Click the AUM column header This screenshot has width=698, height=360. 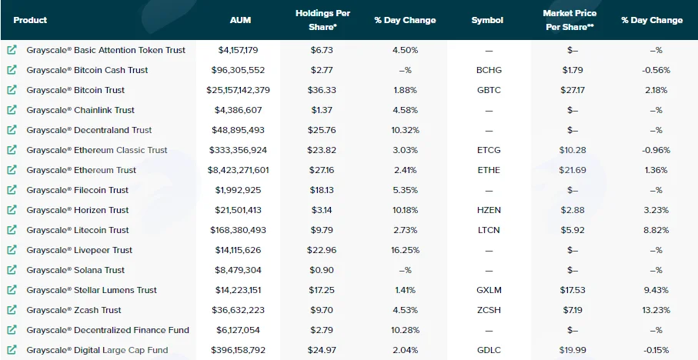point(240,20)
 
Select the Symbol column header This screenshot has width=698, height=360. point(487,20)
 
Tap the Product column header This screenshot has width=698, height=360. point(30,20)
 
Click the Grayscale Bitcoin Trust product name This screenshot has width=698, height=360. point(75,90)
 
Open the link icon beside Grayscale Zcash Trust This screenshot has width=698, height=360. point(12,310)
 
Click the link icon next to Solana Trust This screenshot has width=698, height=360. point(12,270)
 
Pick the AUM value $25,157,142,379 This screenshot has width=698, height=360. point(238,90)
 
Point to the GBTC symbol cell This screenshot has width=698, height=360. point(489,90)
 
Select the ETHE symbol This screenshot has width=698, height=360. point(489,170)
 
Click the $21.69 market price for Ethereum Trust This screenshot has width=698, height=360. point(573,170)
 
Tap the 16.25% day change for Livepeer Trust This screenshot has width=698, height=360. point(405,250)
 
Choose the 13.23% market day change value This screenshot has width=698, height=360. point(656,310)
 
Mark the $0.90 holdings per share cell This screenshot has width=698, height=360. point(322,270)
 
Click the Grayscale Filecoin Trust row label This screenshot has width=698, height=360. point(78,190)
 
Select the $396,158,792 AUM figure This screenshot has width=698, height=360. point(238,350)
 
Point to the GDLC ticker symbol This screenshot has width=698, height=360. point(489,350)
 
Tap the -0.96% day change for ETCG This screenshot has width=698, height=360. point(656,150)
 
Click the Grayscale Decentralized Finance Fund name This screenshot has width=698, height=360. point(108,330)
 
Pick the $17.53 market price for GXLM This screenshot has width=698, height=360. point(573,290)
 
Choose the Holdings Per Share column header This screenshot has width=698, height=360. point(322,20)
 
